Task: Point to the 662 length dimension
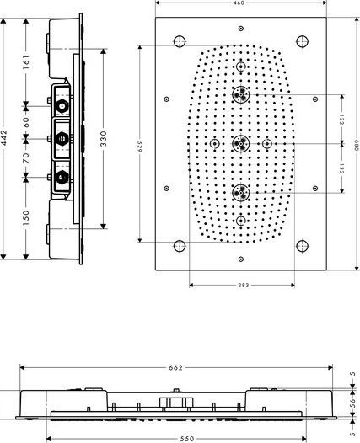175,368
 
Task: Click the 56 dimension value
354,403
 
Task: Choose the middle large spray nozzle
241,142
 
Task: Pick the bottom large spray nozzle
241,192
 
